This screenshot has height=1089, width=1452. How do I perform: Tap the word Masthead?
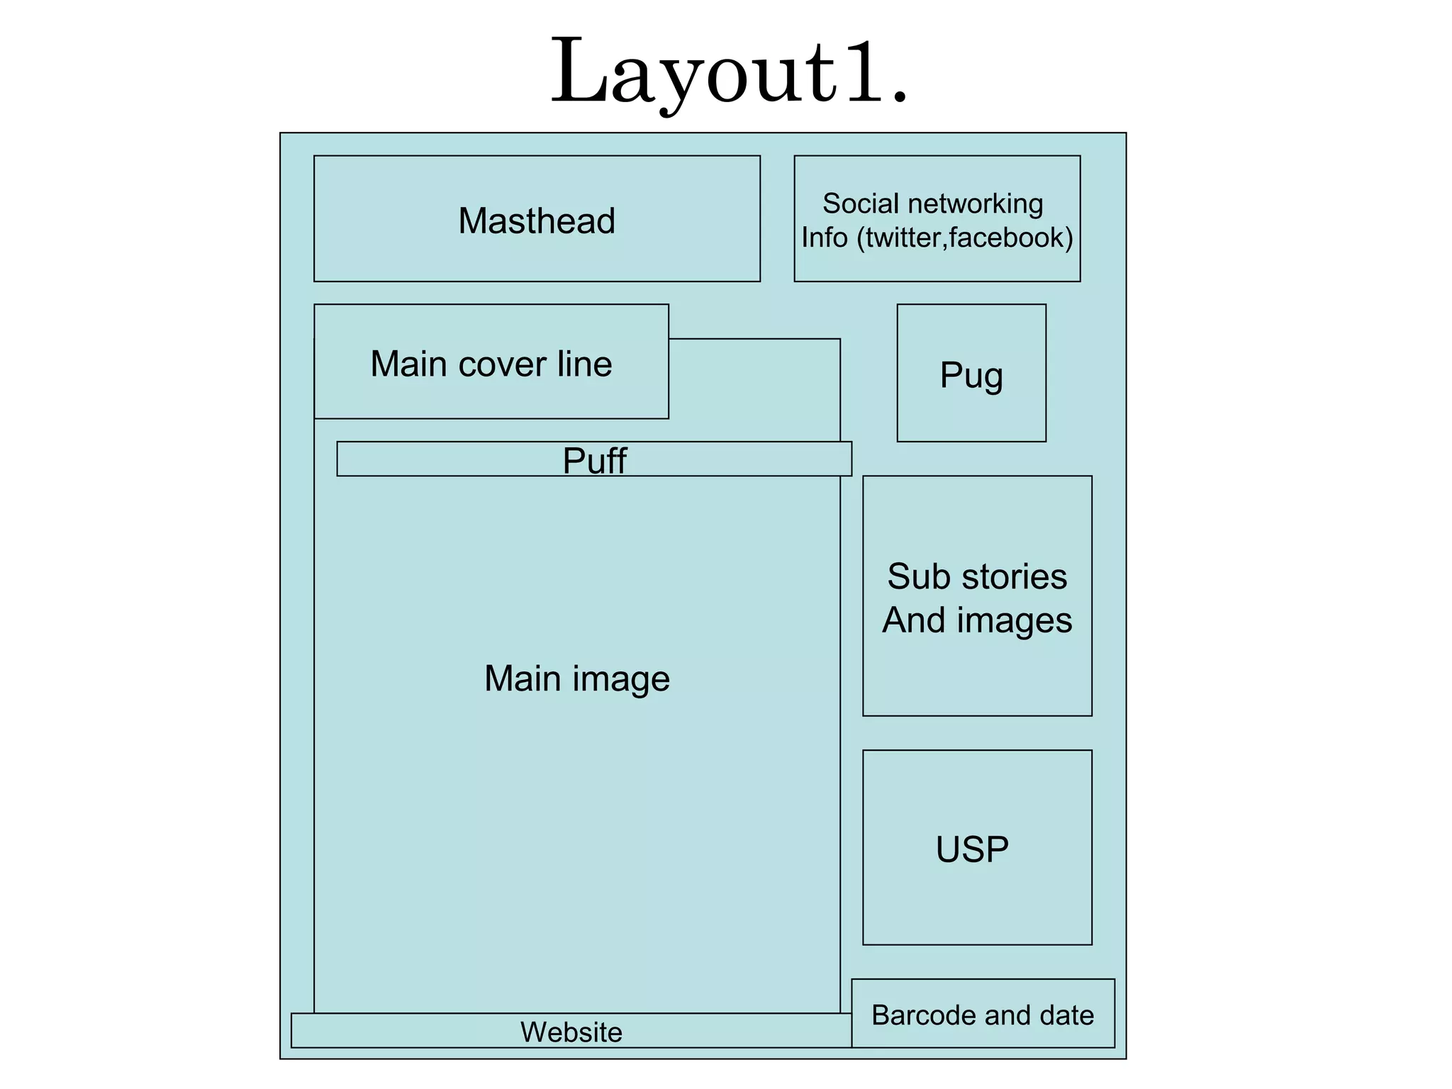(x=537, y=220)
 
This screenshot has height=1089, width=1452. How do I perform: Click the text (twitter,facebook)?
(x=965, y=238)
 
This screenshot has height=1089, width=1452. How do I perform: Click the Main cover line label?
(x=491, y=364)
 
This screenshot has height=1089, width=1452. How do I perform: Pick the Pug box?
(x=971, y=374)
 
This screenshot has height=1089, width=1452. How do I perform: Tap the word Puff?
(x=594, y=460)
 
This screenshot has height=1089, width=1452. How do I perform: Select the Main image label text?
(x=576, y=678)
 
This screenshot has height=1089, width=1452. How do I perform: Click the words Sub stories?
(x=977, y=576)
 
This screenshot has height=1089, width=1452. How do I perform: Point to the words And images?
(x=977, y=620)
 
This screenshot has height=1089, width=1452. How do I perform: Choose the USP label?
(x=972, y=849)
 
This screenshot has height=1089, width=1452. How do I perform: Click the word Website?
(x=571, y=1032)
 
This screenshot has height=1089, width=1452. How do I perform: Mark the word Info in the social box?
(x=824, y=238)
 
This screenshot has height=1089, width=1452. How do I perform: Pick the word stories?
(x=1015, y=576)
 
